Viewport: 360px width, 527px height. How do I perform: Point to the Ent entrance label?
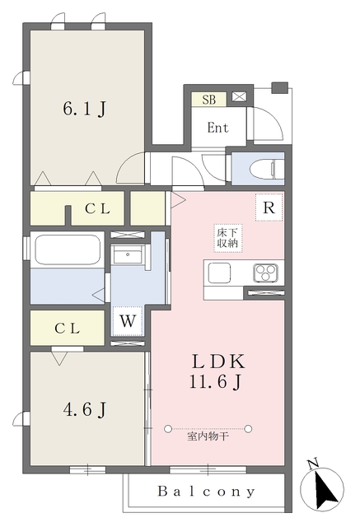[x=217, y=128]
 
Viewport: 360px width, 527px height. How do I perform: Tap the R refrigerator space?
[x=268, y=208]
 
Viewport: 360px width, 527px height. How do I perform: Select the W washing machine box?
[x=128, y=321]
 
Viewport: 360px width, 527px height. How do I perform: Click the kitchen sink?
[x=222, y=272]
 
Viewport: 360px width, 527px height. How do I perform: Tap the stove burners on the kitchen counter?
[x=266, y=272]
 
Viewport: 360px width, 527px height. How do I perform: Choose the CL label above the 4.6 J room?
[x=68, y=328]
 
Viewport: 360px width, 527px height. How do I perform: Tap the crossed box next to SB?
[x=238, y=96]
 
